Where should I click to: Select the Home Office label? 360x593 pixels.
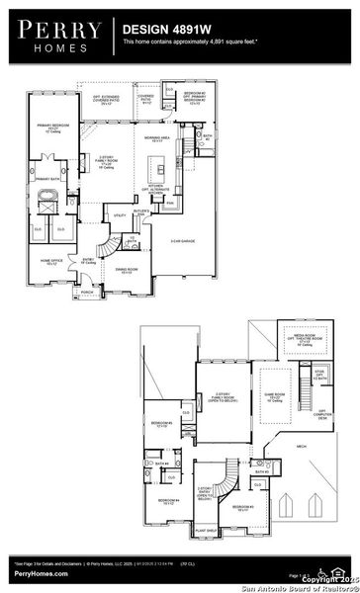[x=52, y=262]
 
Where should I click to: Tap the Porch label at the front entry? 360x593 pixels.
[x=87, y=293]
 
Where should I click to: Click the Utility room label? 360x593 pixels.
[x=119, y=215]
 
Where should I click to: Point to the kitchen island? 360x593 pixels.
[x=156, y=163]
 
